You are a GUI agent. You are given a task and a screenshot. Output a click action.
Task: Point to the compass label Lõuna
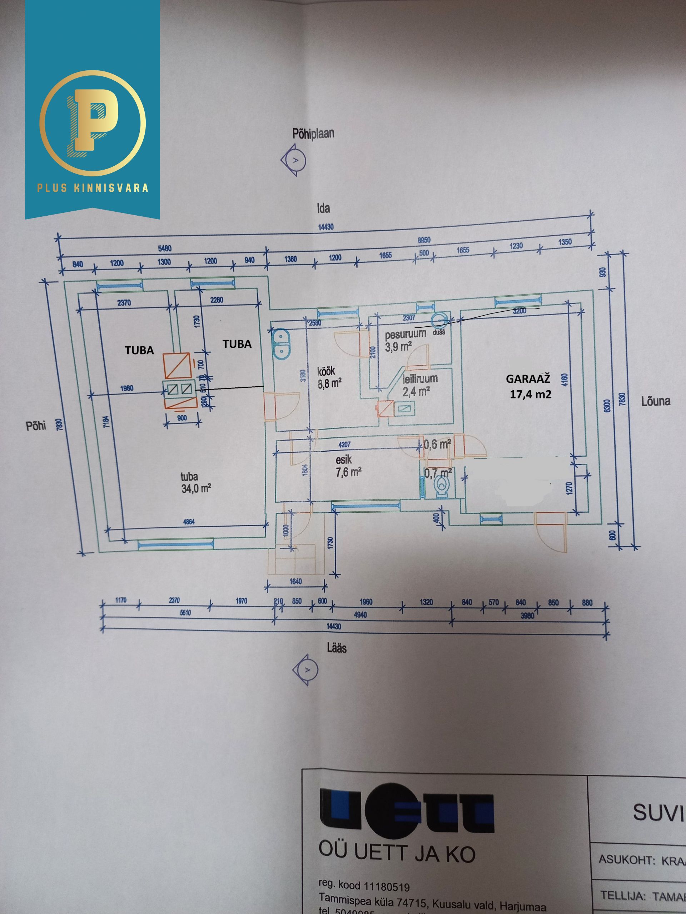click(655, 401)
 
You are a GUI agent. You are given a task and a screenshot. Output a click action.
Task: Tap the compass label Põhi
click(36, 426)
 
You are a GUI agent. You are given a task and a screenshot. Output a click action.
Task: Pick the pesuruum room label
click(405, 334)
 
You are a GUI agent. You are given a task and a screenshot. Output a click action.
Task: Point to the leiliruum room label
click(420, 378)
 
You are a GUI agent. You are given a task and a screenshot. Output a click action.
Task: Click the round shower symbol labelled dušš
click(439, 320)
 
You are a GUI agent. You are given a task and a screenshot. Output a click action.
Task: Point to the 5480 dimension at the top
click(165, 248)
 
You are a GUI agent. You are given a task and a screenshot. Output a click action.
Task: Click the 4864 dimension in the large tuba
click(189, 522)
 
